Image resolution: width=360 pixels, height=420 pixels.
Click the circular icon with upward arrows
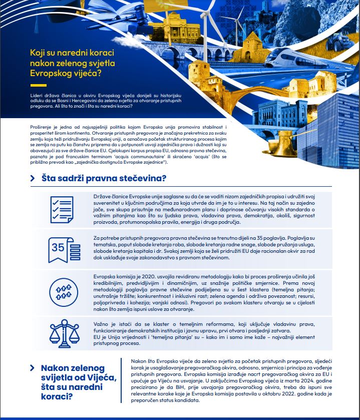(x=63, y=290)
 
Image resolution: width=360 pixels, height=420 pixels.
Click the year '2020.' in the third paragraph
(x=153, y=277)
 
